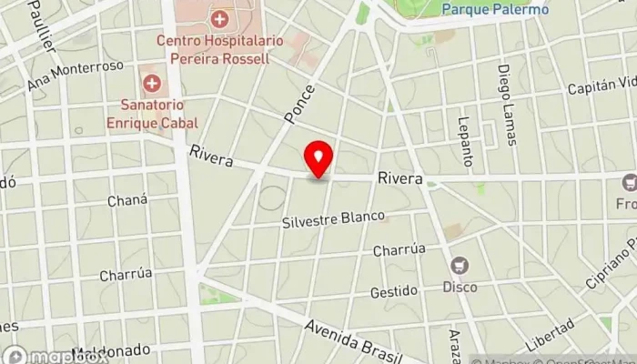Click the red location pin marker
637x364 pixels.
(318, 159)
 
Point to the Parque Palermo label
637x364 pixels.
(496, 10)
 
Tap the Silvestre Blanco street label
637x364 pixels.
(333, 219)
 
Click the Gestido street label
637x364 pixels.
(393, 292)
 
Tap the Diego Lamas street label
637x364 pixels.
(507, 106)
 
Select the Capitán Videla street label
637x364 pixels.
(601, 86)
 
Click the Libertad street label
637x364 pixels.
(550, 334)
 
